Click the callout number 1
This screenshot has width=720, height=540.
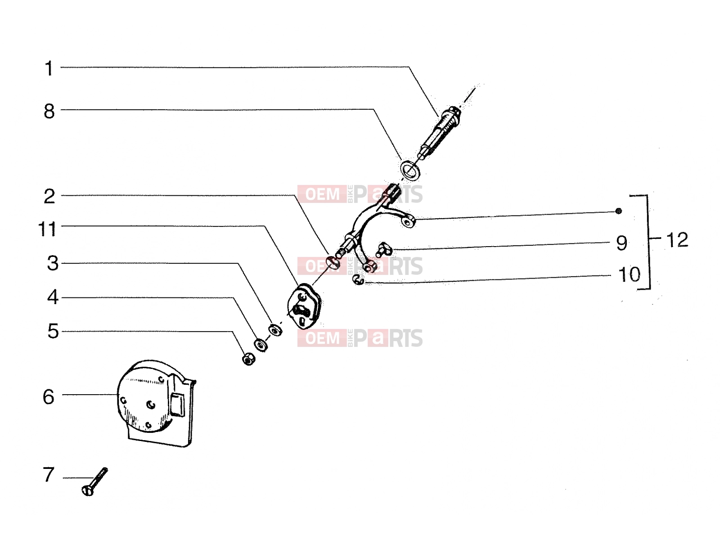[x=49, y=68]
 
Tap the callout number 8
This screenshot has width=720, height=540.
[x=49, y=112]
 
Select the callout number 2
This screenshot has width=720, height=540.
[x=49, y=197]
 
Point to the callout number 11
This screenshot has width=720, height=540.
[x=47, y=229]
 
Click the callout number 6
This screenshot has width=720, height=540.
[x=49, y=397]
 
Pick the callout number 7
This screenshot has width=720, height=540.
[x=48, y=474]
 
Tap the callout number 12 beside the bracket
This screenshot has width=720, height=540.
[x=677, y=240]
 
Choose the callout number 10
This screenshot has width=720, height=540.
[x=629, y=274]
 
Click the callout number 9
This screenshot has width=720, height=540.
[x=621, y=243]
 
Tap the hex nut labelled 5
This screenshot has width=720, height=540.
[x=249, y=359]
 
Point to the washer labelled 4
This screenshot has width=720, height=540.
[x=261, y=345]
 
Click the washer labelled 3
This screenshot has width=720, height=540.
[x=275, y=330]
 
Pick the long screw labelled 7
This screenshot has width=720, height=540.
[x=94, y=481]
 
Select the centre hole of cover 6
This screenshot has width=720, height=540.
[x=151, y=405]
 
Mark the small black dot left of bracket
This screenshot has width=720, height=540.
[x=619, y=211]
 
